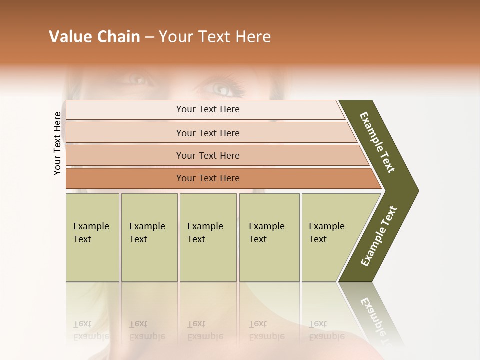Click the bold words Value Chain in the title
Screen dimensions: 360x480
click(x=94, y=37)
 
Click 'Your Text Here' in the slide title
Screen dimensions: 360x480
click(x=215, y=37)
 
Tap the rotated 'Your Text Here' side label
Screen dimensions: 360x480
click(x=57, y=144)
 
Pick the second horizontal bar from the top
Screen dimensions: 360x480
click(x=207, y=133)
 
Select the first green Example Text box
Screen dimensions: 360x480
click(x=92, y=237)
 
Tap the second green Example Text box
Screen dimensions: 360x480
click(x=149, y=237)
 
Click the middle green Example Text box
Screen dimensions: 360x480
click(x=208, y=237)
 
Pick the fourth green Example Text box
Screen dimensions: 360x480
click(x=269, y=237)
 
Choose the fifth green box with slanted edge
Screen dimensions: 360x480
click(x=330, y=237)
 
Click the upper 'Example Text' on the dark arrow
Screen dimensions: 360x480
click(x=377, y=142)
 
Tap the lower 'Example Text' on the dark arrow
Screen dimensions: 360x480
click(x=379, y=236)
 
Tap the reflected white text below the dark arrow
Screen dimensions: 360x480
click(x=375, y=320)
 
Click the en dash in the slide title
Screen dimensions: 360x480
click(x=149, y=37)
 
